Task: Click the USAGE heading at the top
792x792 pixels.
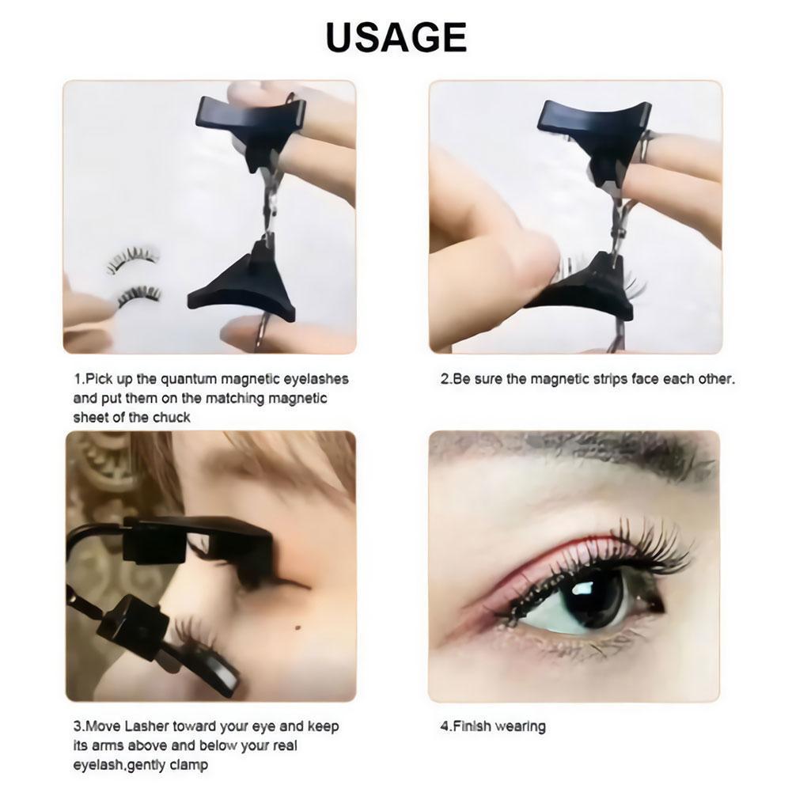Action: click(396, 37)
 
